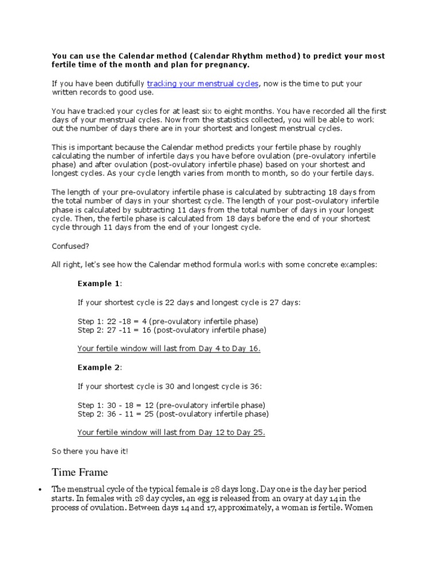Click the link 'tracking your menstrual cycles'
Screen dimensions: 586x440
coord(203,84)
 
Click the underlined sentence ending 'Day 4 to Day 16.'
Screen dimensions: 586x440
coord(169,349)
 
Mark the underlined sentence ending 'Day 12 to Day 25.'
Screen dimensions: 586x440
coord(171,432)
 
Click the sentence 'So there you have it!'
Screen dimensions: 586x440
coord(90,451)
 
